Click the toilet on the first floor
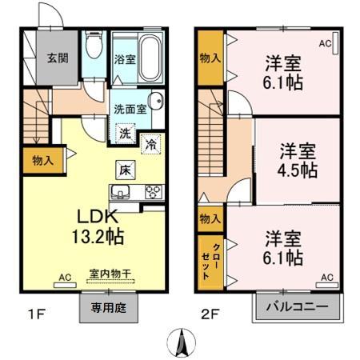[94, 45]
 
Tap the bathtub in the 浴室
[150, 58]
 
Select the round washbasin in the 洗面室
[156, 101]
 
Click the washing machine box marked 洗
[125, 134]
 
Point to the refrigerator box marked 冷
[151, 144]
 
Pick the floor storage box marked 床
[125, 170]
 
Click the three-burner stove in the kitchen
[154, 192]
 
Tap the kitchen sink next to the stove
[120, 192]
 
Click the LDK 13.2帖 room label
[98, 226]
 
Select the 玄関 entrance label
[58, 58]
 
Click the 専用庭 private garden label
[108, 308]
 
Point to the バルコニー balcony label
[297, 306]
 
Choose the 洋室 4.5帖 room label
[298, 161]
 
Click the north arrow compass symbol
[182, 342]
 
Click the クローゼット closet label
[210, 262]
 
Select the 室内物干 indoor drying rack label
[110, 274]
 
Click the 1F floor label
[36, 314]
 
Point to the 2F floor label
[210, 314]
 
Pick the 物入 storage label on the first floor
[42, 161]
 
